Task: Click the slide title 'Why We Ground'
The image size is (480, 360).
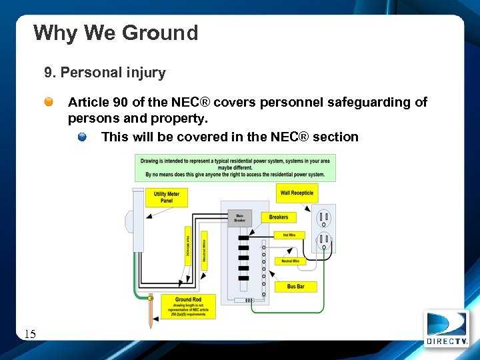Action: [115, 33]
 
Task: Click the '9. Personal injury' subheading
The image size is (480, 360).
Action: [105, 72]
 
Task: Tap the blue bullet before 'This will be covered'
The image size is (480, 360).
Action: [81, 137]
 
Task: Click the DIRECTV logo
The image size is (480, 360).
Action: [447, 329]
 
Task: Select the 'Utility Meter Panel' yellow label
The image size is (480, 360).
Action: [166, 197]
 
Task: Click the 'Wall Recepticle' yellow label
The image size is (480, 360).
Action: [297, 193]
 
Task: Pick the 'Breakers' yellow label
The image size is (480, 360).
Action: [279, 217]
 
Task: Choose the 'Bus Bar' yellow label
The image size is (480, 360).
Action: [296, 287]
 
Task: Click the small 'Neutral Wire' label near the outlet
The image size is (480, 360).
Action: [291, 261]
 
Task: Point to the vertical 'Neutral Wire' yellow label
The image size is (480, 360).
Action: [204, 250]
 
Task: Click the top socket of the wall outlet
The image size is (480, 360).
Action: [324, 217]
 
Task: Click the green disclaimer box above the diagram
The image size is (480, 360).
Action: [235, 167]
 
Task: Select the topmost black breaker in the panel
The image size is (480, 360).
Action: [244, 237]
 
